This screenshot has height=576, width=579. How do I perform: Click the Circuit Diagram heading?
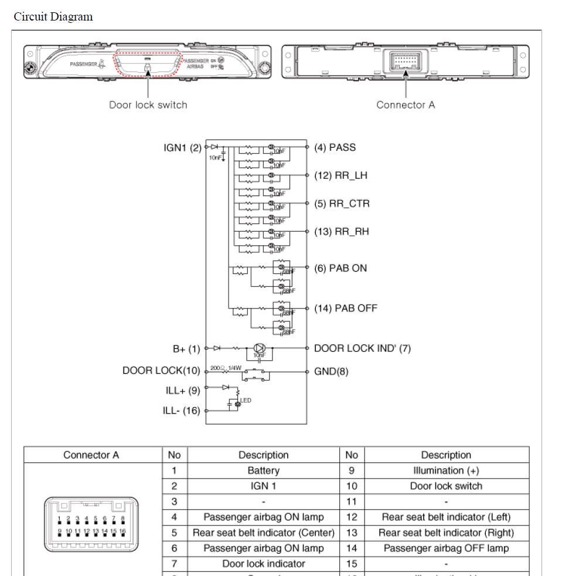pyautogui.click(x=53, y=16)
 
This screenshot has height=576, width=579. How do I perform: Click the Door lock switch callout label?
pyautogui.click(x=148, y=105)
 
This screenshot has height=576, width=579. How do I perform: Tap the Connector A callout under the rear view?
pyautogui.click(x=406, y=105)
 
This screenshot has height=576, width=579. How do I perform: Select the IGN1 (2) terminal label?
pyautogui.click(x=182, y=147)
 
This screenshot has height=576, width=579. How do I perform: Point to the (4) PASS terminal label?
pyautogui.click(x=335, y=147)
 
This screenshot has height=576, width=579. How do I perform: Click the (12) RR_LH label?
pyautogui.click(x=341, y=175)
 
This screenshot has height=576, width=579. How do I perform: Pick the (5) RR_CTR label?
pyautogui.click(x=342, y=204)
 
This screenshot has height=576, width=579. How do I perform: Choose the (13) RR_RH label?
pyautogui.click(x=342, y=232)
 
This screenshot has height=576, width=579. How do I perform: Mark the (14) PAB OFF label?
pyautogui.click(x=346, y=308)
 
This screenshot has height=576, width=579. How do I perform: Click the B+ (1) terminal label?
pyautogui.click(x=186, y=348)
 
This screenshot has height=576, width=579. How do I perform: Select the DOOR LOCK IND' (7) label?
pyautogui.click(x=363, y=348)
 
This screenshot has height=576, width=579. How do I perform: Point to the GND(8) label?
pyautogui.click(x=332, y=371)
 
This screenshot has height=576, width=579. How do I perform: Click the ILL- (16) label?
pyautogui.click(x=182, y=411)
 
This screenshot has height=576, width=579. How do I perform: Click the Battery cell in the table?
pyautogui.click(x=263, y=470)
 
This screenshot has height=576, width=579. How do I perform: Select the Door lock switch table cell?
pyautogui.click(x=446, y=486)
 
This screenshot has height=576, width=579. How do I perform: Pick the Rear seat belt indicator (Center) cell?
pyautogui.click(x=263, y=533)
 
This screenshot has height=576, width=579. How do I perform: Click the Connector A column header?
pyautogui.click(x=92, y=455)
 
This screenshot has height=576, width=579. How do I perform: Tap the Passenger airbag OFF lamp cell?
pyautogui.click(x=446, y=548)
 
